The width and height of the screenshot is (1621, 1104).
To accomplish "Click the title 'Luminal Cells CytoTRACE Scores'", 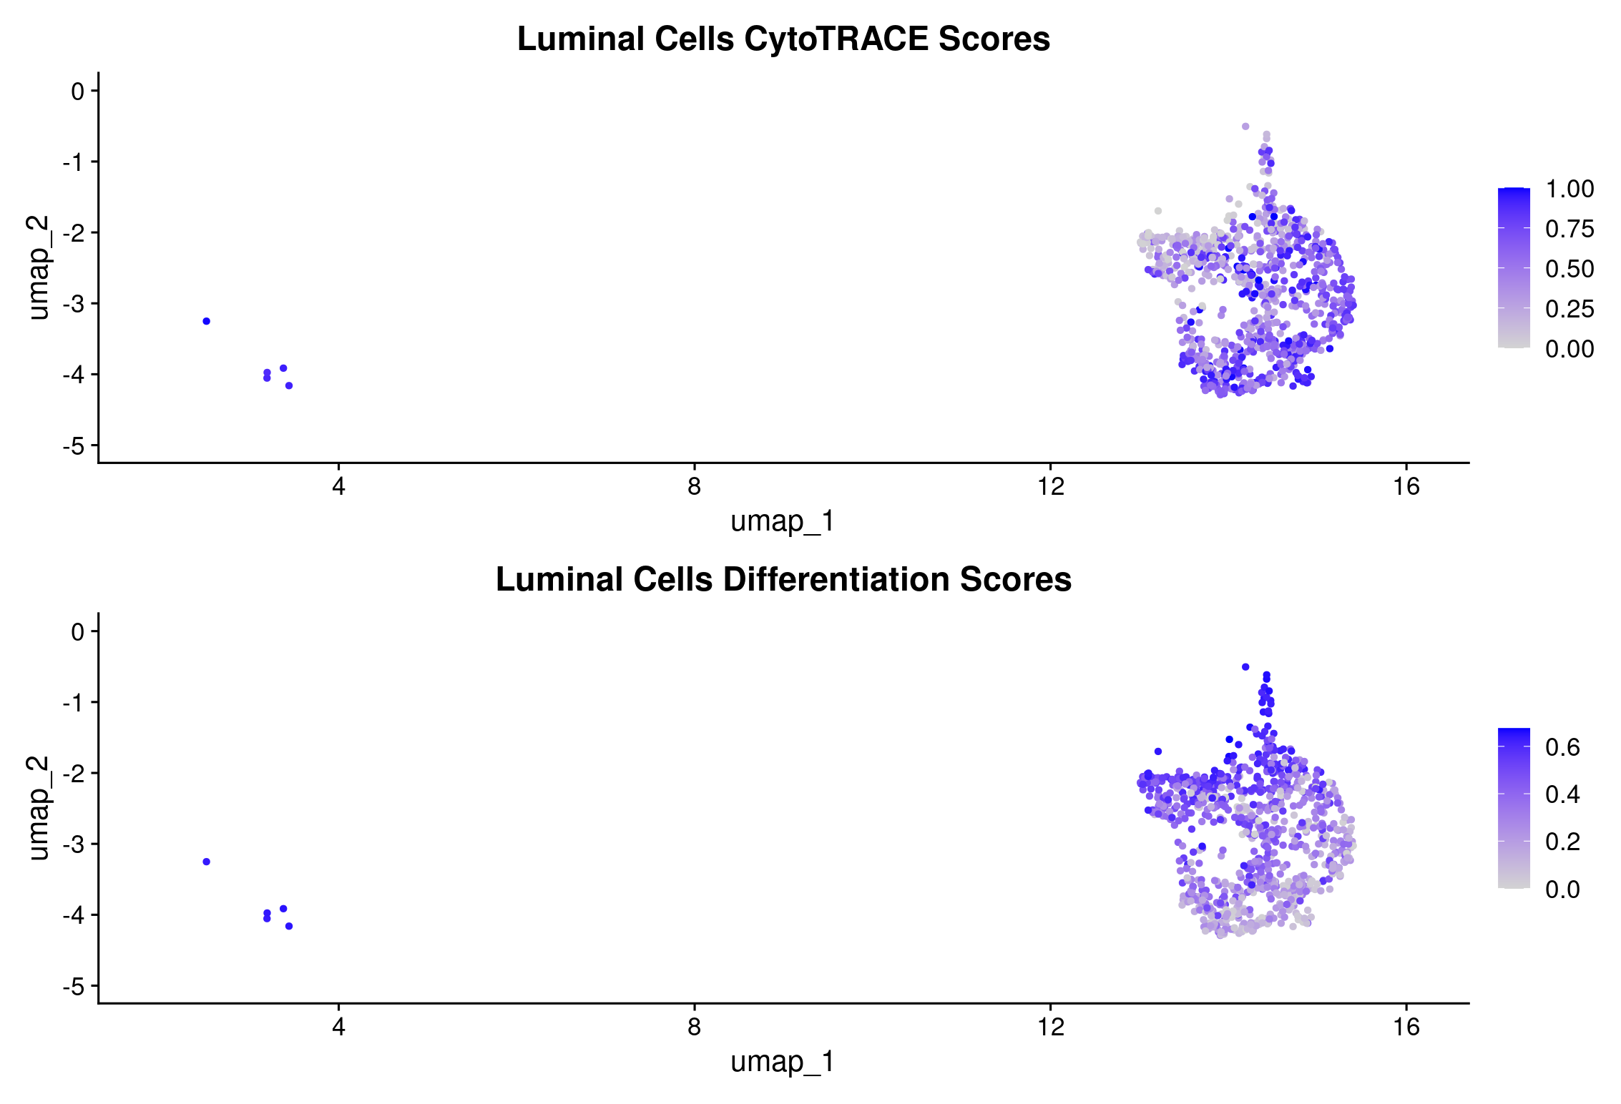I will coord(783,39).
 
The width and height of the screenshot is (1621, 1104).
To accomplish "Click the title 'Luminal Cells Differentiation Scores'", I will coord(783,580).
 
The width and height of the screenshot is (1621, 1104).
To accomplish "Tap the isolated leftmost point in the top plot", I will coord(207,322).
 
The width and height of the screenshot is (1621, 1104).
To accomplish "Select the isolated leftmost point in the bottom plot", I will coord(207,862).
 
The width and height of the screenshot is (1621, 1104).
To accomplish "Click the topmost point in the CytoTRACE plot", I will coord(1245,127).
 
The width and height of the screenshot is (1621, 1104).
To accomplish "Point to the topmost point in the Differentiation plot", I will coord(1245,667).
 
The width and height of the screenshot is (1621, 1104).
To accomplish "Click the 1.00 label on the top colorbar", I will coord(1569,189).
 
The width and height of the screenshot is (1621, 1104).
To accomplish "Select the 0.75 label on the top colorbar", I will coord(1569,230).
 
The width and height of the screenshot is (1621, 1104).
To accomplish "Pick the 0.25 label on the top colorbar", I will coord(1569,310).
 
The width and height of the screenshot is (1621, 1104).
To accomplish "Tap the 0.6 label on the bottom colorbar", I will coord(1562,748).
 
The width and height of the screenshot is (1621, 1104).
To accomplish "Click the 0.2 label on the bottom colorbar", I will coord(1562,842).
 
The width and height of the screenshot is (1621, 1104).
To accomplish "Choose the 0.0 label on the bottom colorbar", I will coord(1562,889).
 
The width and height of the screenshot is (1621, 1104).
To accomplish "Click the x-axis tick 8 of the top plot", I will coord(694,488).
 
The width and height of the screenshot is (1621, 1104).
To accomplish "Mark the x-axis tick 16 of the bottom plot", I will coord(1406,1028).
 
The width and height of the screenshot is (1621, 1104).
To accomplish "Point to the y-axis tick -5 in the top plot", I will coord(74,447).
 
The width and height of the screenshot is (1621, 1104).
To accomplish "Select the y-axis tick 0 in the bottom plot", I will coord(77,632).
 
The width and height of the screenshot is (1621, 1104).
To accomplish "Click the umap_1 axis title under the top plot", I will coord(783,522).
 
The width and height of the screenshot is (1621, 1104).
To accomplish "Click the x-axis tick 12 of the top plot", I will coord(1051,488).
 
